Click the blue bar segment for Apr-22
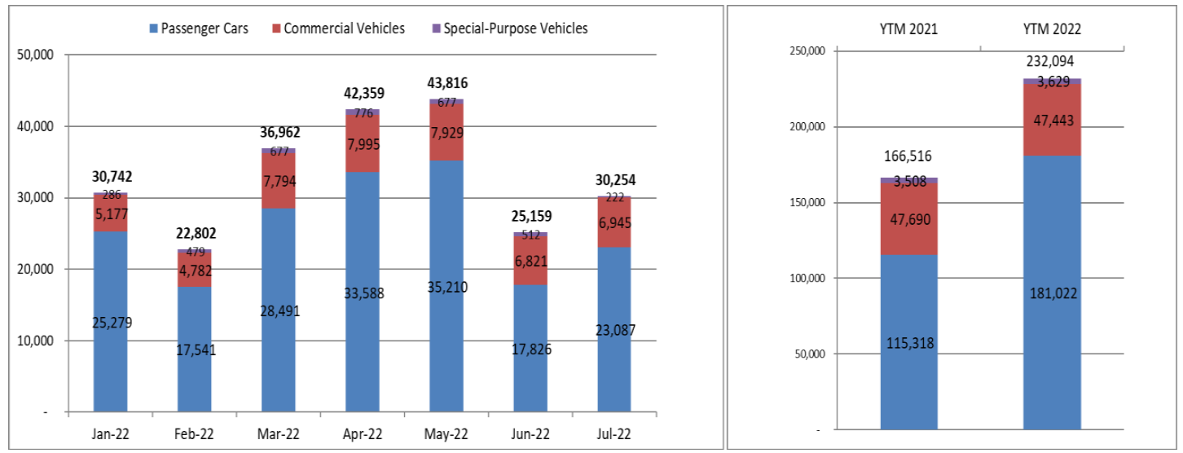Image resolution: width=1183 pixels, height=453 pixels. coord(362,244)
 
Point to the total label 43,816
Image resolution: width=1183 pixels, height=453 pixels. coord(446,83)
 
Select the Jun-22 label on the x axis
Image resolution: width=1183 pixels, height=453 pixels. coord(530,433)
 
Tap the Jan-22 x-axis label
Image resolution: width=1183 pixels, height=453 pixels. coord(110,433)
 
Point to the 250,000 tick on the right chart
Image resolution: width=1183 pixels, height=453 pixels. coord(807,51)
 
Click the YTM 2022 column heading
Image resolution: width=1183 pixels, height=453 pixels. coord(1052,29)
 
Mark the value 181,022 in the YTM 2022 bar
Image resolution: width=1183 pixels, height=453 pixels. coord(1052,293)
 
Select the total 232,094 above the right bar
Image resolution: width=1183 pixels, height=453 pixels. coord(1052,60)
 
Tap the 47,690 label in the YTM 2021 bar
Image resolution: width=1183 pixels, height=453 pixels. coord(909,219)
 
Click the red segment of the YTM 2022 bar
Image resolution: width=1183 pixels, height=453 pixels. coord(1052,139)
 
